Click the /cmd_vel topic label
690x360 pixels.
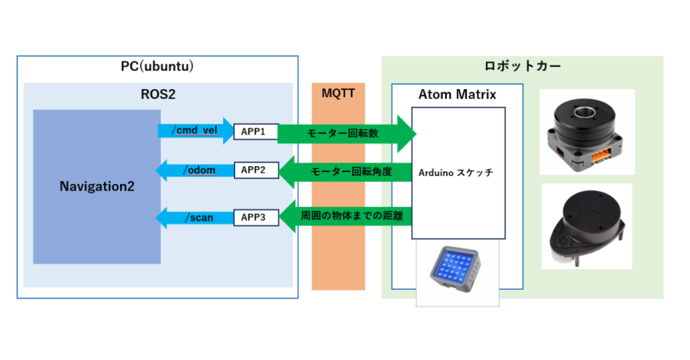point(194,131)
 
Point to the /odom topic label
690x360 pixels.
point(199,170)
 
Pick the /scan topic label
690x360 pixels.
point(199,217)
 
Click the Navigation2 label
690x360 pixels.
point(96,186)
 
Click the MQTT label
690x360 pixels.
point(338,94)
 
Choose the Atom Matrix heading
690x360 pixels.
point(457,94)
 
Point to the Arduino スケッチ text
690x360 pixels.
point(456,173)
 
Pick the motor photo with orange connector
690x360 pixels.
point(587,132)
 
